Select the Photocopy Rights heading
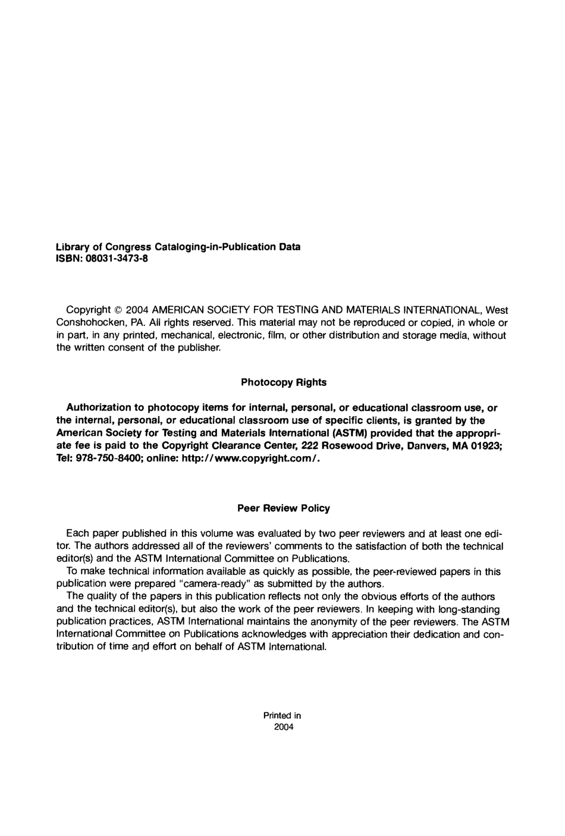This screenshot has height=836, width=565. point(284,382)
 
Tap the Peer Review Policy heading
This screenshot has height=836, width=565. point(284,508)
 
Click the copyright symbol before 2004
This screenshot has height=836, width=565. point(118,310)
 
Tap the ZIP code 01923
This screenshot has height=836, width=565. point(489,446)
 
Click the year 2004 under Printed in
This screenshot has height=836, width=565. point(283,727)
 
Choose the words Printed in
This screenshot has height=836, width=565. point(282,715)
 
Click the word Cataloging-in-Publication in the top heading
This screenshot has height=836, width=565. point(216,246)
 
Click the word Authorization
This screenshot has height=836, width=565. point(98,408)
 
